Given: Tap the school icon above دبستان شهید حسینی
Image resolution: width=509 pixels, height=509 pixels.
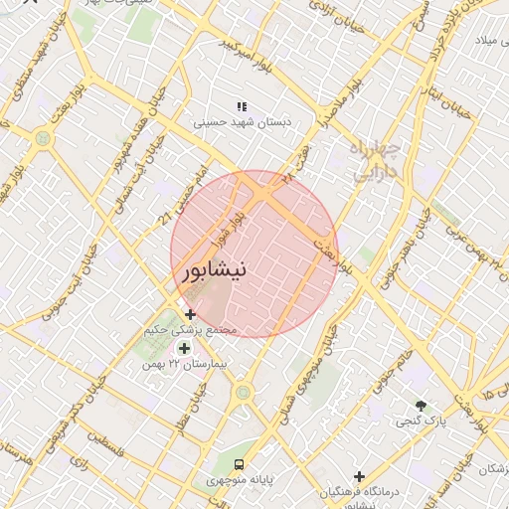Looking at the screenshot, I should click(240, 106).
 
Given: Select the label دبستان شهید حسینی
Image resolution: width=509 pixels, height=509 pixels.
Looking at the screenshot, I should click(241, 123).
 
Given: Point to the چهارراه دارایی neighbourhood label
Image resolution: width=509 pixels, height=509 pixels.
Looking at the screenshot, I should click(375, 162).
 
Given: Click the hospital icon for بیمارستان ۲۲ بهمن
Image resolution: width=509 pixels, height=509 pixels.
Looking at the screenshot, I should click(183, 348).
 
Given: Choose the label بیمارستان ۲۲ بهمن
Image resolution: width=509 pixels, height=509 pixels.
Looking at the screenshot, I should click(191, 365).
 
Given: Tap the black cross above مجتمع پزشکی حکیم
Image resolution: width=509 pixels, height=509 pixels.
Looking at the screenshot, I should click(190, 314).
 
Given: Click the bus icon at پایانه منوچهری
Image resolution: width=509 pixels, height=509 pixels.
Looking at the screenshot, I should click(239, 464).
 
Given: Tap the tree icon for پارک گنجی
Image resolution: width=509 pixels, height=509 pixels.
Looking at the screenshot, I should click(421, 406).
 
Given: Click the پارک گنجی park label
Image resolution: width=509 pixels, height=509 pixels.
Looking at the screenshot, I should click(421, 422).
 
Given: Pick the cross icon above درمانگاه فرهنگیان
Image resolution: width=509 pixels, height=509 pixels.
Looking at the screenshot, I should click(359, 476).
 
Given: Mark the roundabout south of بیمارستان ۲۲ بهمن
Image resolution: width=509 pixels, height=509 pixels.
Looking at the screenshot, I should click(242, 394).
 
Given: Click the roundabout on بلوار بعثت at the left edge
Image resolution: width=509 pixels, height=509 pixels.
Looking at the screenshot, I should click(42, 139).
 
